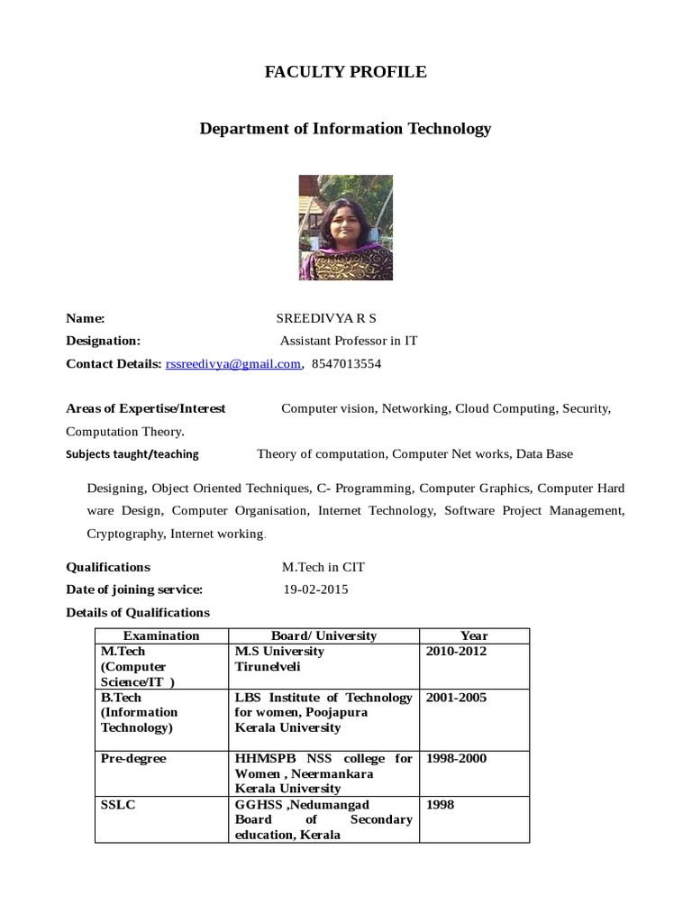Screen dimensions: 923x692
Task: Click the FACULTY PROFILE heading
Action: pyautogui.click(x=345, y=72)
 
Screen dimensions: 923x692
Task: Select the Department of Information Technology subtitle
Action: pyautogui.click(x=345, y=128)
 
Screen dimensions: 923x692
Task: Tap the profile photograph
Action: pyautogui.click(x=346, y=227)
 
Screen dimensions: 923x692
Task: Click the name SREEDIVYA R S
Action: pyautogui.click(x=326, y=318)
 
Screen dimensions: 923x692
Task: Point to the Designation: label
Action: pyautogui.click(x=104, y=341)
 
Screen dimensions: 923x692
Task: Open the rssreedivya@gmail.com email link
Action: pyautogui.click(x=232, y=364)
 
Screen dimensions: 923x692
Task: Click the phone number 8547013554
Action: pyautogui.click(x=347, y=364)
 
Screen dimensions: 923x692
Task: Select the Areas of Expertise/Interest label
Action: pyautogui.click(x=146, y=408)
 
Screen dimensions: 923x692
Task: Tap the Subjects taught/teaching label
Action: pyautogui.click(x=132, y=454)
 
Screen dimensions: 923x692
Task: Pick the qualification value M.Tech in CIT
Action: pyautogui.click(x=323, y=567)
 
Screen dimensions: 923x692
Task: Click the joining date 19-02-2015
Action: pyautogui.click(x=315, y=589)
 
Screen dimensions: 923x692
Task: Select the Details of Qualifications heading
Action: pyautogui.click(x=138, y=612)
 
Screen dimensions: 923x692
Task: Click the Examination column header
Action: pyautogui.click(x=161, y=635)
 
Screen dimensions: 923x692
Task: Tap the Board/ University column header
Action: pyautogui.click(x=323, y=635)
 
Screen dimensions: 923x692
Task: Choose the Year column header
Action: pyautogui.click(x=474, y=635)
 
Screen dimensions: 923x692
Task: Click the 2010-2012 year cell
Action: pyautogui.click(x=456, y=651)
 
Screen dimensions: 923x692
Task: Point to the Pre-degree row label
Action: pyautogui.click(x=133, y=758)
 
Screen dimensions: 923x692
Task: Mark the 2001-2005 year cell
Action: pyautogui.click(x=456, y=697)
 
